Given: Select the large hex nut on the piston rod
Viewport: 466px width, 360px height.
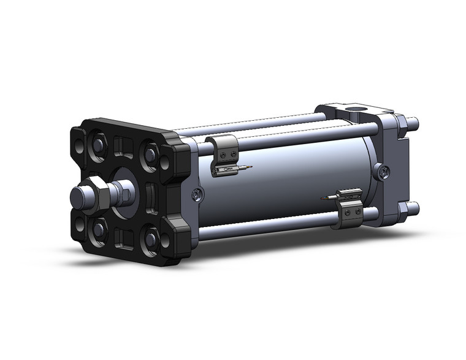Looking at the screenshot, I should click(97, 191).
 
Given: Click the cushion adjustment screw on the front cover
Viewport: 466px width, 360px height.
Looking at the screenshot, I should click(196, 194).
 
